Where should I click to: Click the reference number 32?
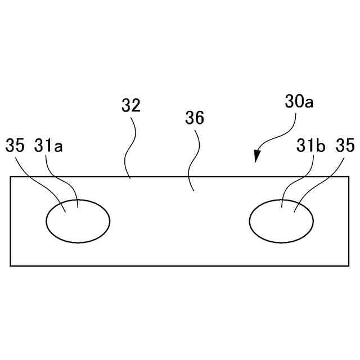point(131,105)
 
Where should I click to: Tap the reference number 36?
point(195,118)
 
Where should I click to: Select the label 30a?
point(299,102)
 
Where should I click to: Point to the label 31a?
point(48,146)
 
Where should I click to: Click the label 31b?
point(311,146)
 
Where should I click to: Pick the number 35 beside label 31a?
point(16,146)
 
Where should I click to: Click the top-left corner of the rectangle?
point(11,177)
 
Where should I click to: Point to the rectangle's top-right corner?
point(349,177)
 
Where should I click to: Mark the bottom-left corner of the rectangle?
point(11,265)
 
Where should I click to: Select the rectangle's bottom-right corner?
point(349,265)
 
